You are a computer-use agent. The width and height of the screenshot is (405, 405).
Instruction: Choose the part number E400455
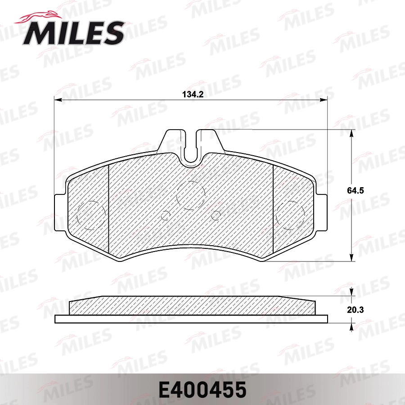(x=202, y=389)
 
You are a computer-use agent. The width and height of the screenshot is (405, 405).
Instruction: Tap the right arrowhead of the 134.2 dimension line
(x=325, y=99)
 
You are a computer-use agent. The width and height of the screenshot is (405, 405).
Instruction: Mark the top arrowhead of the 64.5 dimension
(x=351, y=133)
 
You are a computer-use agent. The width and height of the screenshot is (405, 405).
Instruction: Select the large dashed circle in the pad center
(x=191, y=194)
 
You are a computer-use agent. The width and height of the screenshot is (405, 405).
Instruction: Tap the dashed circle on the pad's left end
(x=92, y=214)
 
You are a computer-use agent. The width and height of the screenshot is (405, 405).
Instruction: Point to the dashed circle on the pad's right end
(x=290, y=214)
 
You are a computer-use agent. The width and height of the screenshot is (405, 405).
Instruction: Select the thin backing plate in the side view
(x=191, y=319)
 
